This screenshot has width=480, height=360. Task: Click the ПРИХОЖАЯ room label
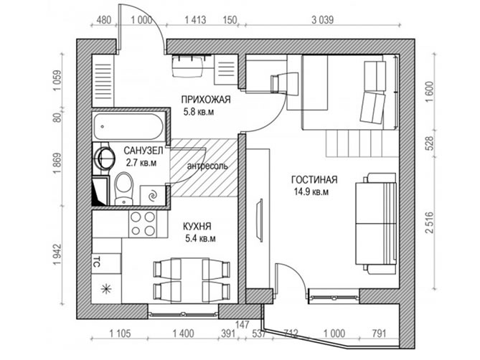206,100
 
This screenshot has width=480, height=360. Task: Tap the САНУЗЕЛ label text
143,150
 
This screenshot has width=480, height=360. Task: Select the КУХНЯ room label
197,227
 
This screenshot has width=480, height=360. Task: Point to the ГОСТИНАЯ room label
314,179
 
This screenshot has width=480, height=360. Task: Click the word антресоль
207,166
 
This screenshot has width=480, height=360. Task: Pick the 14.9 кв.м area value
311,192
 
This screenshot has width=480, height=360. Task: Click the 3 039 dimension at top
323,20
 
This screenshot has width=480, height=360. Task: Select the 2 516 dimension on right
430,222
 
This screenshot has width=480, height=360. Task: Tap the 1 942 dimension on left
57,255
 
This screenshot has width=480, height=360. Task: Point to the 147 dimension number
243,324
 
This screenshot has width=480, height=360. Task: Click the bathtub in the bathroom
128,126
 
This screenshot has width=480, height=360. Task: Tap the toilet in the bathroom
124,188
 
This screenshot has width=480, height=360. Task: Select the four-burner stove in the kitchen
142,224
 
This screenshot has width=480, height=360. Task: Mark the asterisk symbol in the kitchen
106,288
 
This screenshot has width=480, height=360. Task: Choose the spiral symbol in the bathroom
152,195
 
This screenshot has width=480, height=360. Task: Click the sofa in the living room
376,222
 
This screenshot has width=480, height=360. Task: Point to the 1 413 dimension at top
195,20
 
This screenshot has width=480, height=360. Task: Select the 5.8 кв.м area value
199,112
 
